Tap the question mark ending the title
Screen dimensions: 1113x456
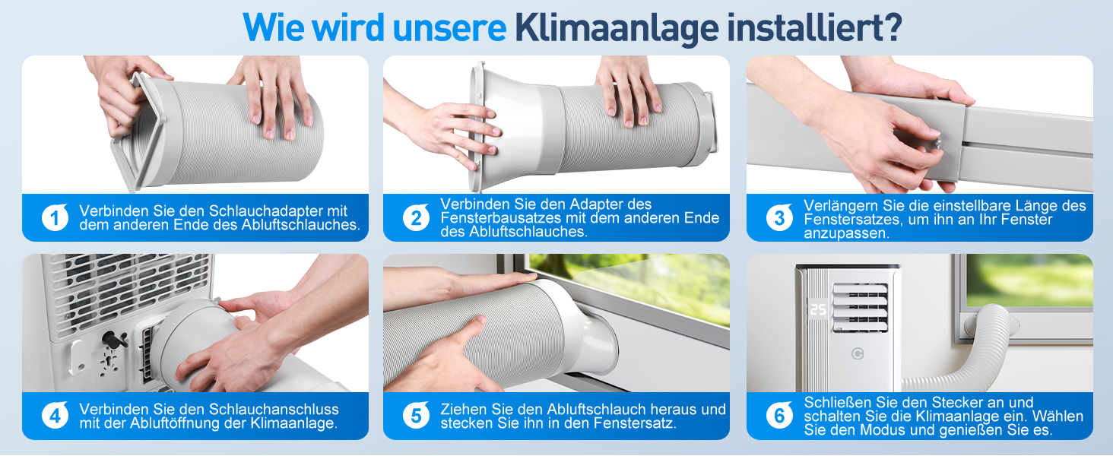(892, 27)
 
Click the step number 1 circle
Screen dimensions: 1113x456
(55, 217)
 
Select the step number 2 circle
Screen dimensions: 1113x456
(416, 217)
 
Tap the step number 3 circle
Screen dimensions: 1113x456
(779, 217)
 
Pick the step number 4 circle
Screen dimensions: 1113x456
(55, 415)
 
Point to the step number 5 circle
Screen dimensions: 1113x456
(416, 415)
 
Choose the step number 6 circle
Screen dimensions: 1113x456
(779, 415)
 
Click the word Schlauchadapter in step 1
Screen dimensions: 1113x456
(265, 211)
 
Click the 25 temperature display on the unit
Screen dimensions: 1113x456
(818, 309)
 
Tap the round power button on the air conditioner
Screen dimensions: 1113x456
(857, 353)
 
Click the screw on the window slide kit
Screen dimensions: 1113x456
(937, 144)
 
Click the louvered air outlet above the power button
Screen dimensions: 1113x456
(860, 308)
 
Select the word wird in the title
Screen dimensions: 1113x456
(348, 27)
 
